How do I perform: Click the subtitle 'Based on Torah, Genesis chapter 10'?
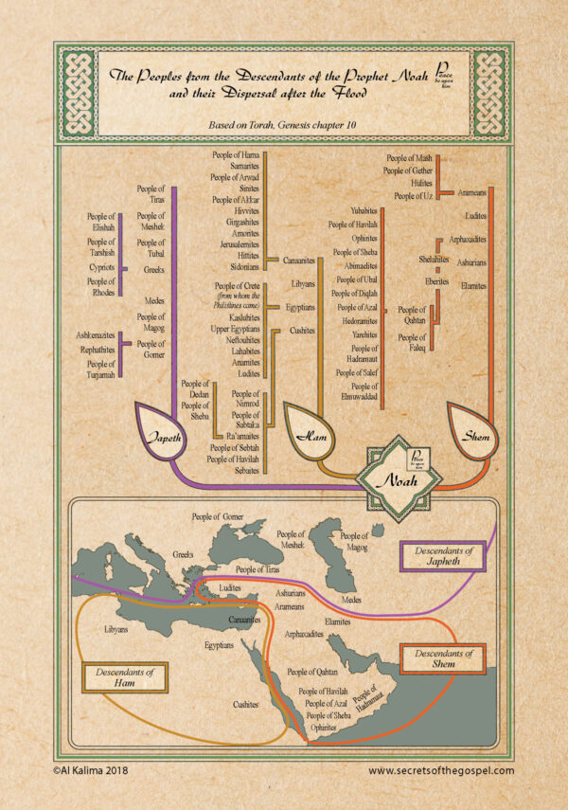tap(283, 124)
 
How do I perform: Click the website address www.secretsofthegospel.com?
tap(440, 770)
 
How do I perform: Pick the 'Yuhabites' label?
tap(364, 209)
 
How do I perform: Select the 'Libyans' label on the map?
tap(115, 628)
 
